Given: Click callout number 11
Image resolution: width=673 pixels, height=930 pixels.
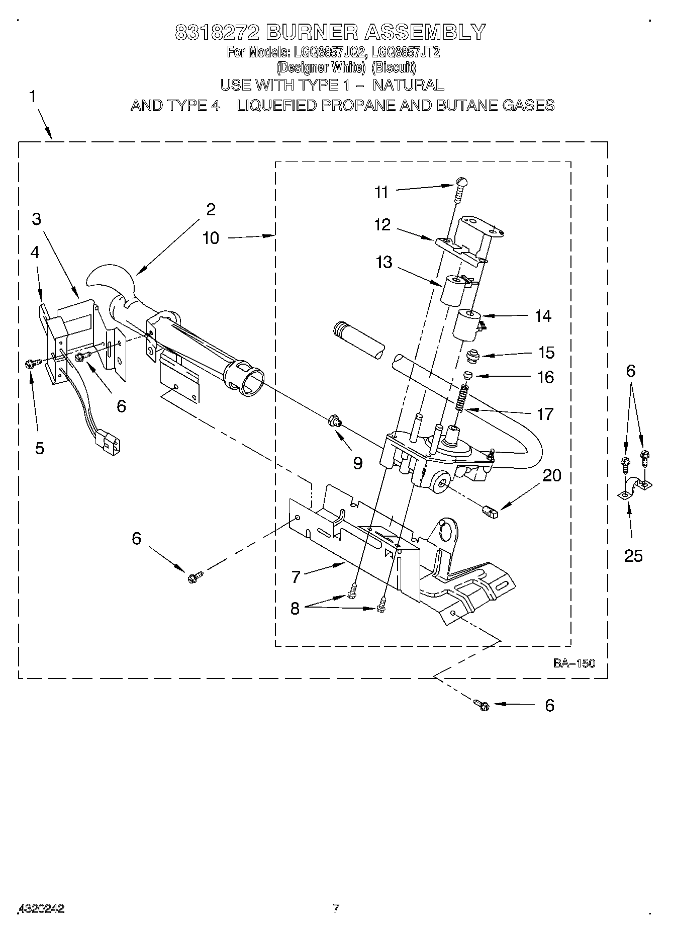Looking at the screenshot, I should coord(381,192).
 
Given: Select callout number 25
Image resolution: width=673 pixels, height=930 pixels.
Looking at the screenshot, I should coord(633,555).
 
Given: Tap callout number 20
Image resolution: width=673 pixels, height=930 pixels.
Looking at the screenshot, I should coord(552,475).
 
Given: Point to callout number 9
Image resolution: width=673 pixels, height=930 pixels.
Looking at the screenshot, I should coord(357,463).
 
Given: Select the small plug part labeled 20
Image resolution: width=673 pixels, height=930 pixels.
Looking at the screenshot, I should coord(489,512).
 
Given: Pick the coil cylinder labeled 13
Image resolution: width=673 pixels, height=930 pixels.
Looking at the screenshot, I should coord(452,291).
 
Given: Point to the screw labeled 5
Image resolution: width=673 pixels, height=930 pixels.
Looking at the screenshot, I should coord(29,364).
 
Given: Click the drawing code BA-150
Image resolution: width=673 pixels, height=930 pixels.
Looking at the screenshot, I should coord(574,663).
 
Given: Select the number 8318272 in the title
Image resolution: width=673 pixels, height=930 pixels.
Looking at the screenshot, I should coord(217,32).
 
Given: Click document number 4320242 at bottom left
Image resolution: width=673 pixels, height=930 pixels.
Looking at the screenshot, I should coord(41,909).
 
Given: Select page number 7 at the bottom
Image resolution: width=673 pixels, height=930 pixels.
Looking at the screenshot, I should coord(336,908).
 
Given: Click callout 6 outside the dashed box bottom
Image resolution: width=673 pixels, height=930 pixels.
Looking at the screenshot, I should coord(549,705).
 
